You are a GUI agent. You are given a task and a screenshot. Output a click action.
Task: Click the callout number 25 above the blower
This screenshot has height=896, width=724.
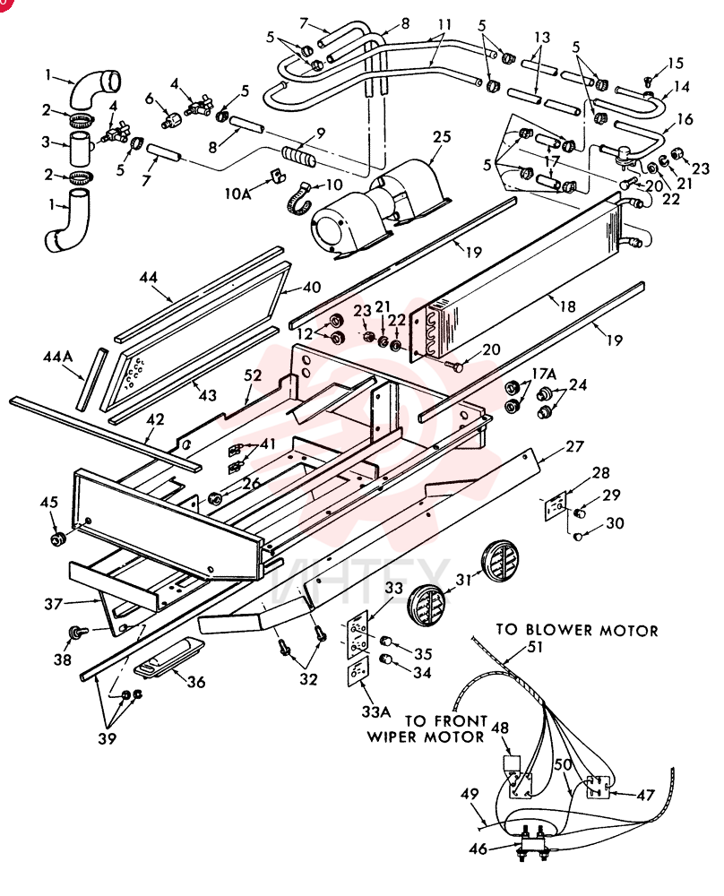click(442, 137)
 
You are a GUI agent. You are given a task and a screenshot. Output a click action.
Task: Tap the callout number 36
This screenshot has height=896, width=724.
click(195, 681)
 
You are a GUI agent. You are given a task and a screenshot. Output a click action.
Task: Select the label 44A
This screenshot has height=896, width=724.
click(57, 357)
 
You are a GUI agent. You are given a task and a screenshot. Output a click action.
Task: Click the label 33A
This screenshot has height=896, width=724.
click(376, 711)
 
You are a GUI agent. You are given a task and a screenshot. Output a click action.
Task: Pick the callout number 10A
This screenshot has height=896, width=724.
click(237, 194)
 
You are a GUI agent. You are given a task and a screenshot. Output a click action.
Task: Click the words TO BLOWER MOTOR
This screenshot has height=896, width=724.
click(576, 630)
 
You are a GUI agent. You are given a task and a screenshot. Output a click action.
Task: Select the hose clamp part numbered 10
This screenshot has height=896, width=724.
click(300, 197)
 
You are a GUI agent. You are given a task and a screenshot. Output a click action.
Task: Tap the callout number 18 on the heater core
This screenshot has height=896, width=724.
click(567, 306)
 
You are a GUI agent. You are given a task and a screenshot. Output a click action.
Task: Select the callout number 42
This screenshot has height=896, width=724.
click(155, 419)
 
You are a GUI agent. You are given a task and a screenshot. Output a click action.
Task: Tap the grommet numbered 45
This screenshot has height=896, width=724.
click(57, 538)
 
